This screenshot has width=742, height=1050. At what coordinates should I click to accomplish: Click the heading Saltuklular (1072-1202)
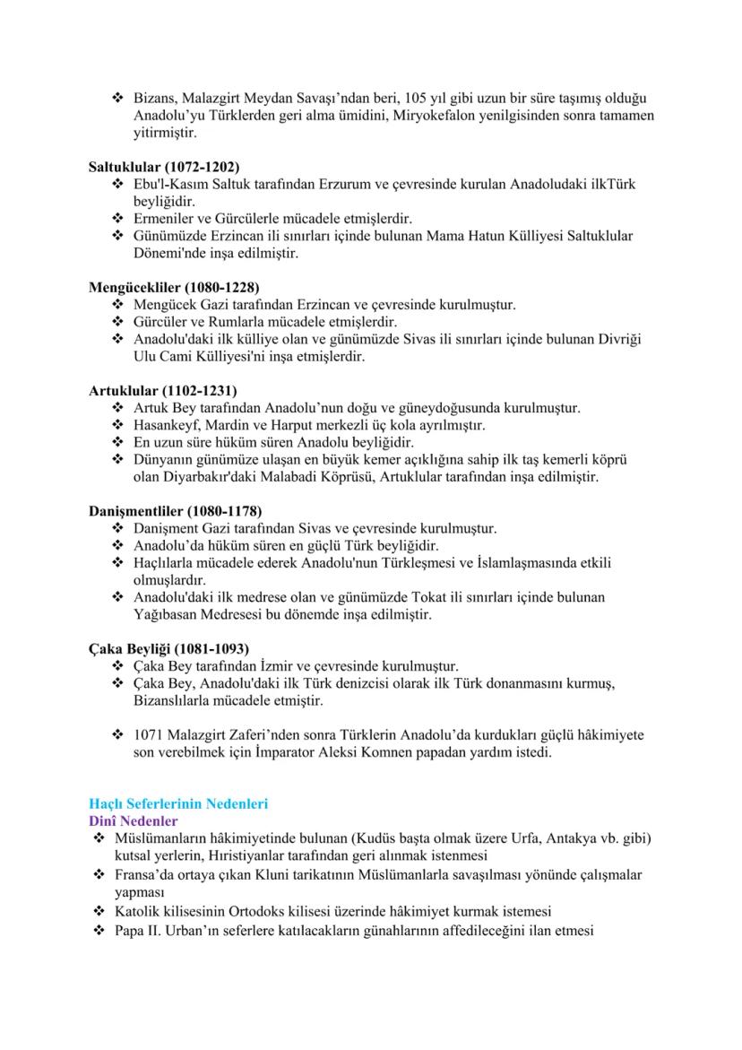click(164, 167)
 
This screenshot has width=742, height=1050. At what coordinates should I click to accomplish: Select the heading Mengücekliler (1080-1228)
click(174, 288)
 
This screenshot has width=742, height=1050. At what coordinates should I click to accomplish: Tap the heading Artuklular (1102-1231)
click(162, 391)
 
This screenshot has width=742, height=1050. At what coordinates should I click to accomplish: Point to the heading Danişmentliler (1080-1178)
click(176, 511)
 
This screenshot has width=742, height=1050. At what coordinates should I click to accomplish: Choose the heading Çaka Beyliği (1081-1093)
click(168, 648)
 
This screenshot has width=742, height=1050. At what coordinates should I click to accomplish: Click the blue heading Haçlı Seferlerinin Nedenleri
click(178, 803)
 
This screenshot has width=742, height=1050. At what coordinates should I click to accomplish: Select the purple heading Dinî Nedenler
click(133, 820)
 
